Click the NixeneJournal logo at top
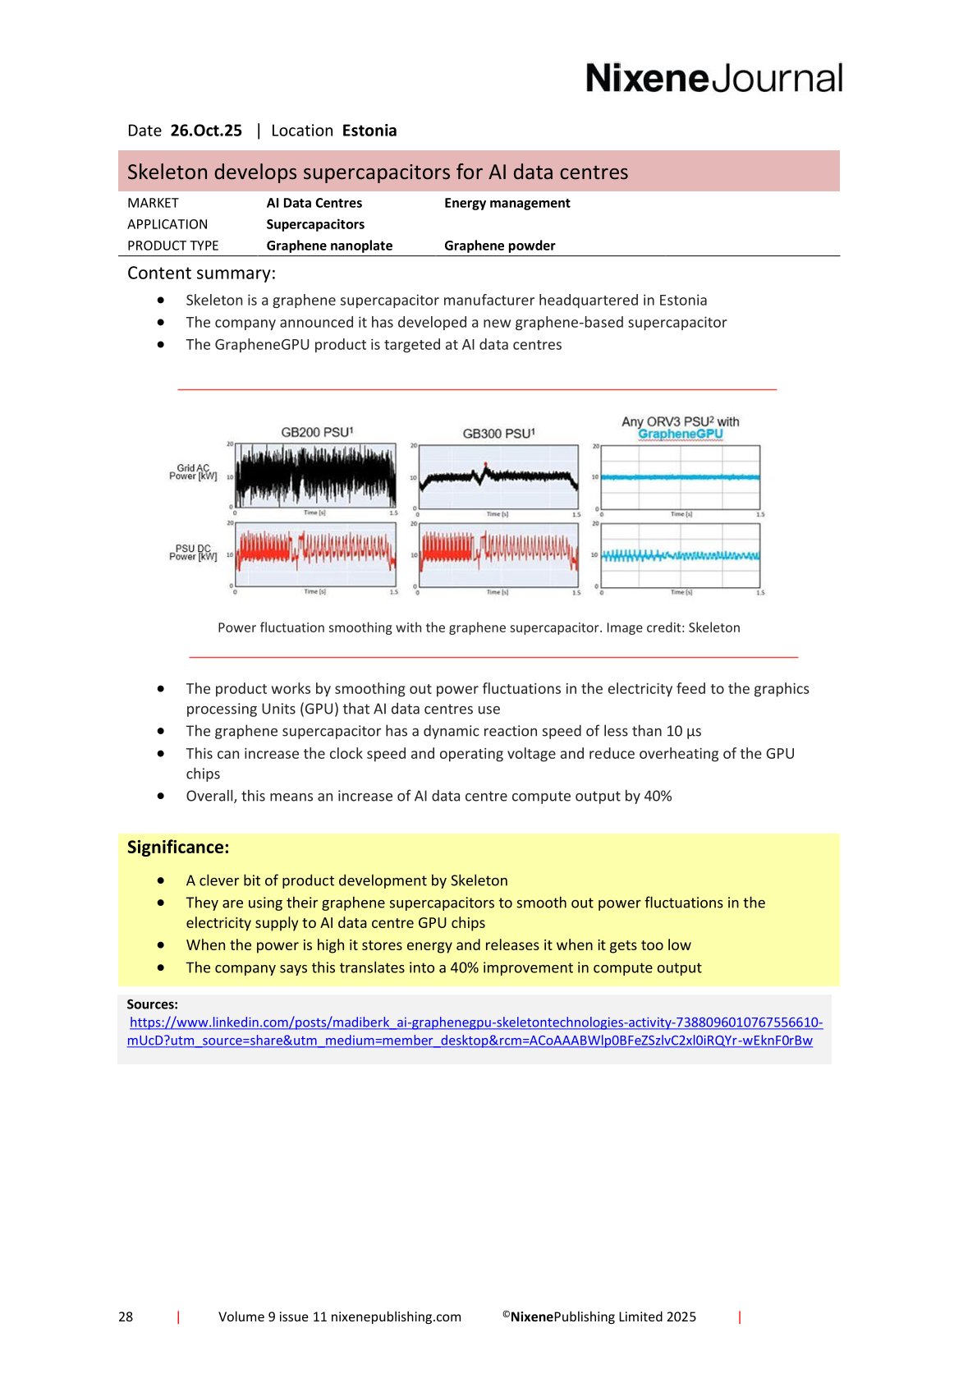[x=713, y=79]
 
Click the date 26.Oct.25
[x=206, y=131]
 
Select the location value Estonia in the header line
[x=369, y=131]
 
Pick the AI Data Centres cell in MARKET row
[x=314, y=203]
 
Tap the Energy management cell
[x=507, y=203]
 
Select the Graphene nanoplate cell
[x=329, y=246]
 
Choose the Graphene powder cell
[x=499, y=246]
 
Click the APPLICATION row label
[x=167, y=224]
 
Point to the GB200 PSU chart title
[x=317, y=432]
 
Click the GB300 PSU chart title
[x=498, y=433]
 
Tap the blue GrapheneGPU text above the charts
[x=680, y=434]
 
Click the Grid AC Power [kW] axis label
[x=193, y=472]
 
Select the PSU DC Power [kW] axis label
[x=193, y=553]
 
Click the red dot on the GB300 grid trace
[x=485, y=465]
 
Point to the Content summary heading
[x=201, y=273]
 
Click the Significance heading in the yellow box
[x=178, y=848]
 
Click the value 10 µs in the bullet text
[x=684, y=731]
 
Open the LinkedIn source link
[x=475, y=1032]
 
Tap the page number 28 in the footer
[x=126, y=1316]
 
